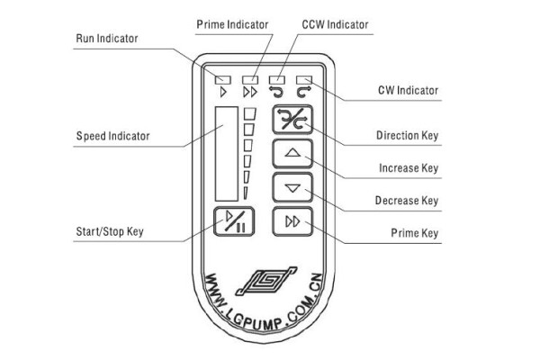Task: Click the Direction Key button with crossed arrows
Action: [292, 120]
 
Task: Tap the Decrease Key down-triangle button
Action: [292, 188]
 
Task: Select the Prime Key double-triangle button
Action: [292, 221]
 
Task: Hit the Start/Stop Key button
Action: [234, 221]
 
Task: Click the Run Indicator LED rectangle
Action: [223, 80]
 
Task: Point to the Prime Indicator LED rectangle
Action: [250, 80]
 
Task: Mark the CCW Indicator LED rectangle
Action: [277, 80]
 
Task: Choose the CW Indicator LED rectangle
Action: [304, 80]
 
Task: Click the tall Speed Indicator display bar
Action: [227, 154]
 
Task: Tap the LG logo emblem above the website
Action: [265, 281]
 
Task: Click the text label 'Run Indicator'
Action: [107, 38]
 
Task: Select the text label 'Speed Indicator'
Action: [113, 136]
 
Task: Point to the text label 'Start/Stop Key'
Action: [110, 231]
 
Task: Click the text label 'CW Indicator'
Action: [408, 90]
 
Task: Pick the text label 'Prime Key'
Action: [415, 233]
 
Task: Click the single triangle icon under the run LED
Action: [223, 93]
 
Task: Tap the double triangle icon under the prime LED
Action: [250, 93]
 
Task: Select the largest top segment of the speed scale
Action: [250, 114]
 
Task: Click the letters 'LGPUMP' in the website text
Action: [254, 320]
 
